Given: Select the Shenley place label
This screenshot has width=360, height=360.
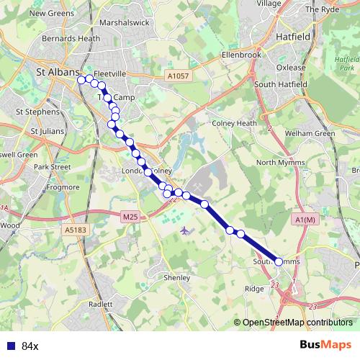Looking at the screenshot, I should tap(177, 277).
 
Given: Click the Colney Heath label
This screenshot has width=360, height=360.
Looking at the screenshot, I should tap(235, 123).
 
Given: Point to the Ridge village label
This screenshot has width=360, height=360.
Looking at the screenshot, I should tap(255, 288).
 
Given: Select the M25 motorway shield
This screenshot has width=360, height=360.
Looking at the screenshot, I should tap(130, 216).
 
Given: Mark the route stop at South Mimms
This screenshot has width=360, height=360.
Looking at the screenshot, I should tap(279, 262).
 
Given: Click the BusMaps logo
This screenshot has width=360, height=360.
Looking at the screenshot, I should tap(326, 345).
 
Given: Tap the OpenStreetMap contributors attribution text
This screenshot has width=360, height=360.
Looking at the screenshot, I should tap(297, 323).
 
